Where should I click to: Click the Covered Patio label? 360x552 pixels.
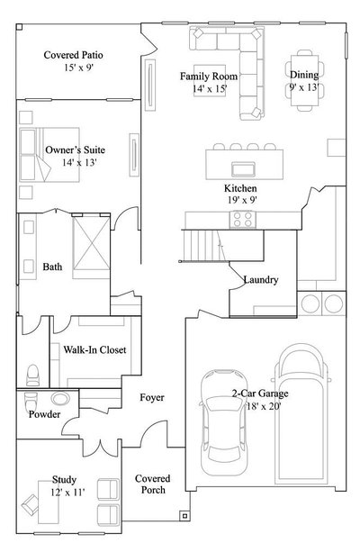(x=73, y=55)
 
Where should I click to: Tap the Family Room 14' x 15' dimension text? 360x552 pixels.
(x=210, y=89)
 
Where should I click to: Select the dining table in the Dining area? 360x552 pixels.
(x=304, y=80)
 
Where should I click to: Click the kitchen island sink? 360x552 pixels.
(x=243, y=168)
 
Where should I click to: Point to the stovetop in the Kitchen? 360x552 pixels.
(x=243, y=220)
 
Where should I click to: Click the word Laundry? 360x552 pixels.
(x=261, y=280)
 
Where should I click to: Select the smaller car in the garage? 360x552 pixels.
(x=223, y=422)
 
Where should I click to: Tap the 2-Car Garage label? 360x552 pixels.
(x=260, y=394)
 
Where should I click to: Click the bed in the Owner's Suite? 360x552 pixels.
(x=49, y=155)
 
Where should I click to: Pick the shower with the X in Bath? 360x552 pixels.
(x=91, y=244)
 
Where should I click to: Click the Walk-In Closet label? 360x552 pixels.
(x=94, y=349)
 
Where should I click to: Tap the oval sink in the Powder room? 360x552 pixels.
(x=60, y=398)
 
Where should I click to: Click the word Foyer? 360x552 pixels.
(x=152, y=397)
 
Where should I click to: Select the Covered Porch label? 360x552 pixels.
(x=153, y=484)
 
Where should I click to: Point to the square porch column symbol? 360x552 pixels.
(x=184, y=516)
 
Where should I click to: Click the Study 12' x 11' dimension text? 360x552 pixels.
(x=67, y=493)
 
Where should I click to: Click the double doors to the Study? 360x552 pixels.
(x=101, y=448)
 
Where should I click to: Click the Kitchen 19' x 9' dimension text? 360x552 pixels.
(x=242, y=200)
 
